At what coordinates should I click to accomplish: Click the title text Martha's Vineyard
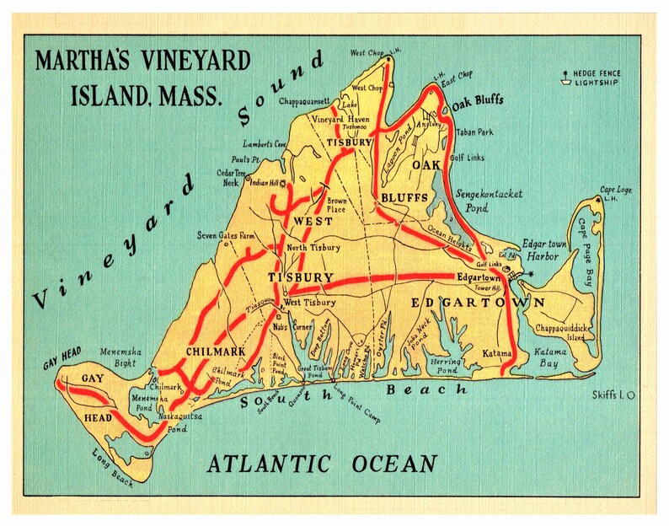142,62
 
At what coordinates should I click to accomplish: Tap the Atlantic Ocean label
323,464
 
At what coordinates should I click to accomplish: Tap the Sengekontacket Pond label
489,200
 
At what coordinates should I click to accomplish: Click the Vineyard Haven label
341,121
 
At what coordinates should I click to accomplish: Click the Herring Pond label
443,365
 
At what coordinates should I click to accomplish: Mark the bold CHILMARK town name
216,351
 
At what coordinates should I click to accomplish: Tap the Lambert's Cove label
265,143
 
